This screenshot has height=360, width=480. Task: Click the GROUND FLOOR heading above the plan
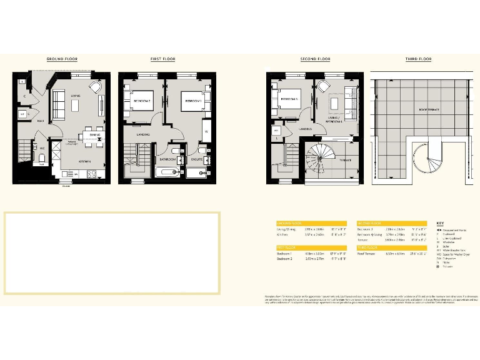point(61,59)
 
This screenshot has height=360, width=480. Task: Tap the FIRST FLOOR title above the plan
point(162,59)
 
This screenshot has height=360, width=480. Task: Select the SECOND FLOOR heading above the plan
point(314,59)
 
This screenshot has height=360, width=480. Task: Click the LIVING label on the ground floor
point(76,96)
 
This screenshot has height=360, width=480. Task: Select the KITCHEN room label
point(85,161)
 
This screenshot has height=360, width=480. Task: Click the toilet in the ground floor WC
point(41,158)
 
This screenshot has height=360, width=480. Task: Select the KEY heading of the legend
point(439,223)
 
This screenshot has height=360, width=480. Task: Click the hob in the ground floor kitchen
point(91,174)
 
